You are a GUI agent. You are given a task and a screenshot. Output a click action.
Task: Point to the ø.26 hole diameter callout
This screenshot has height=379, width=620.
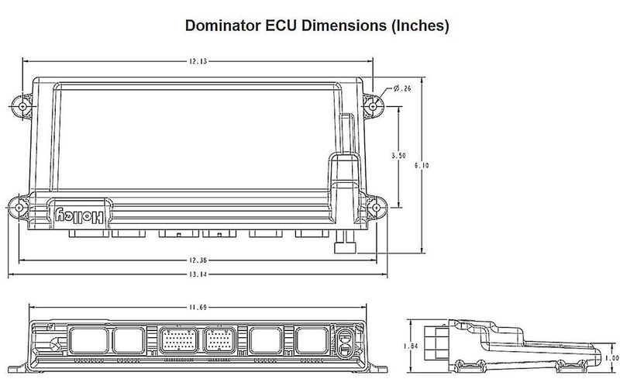pos(402,90)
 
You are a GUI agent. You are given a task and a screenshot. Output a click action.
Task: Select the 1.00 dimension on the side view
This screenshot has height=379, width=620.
pos(611,357)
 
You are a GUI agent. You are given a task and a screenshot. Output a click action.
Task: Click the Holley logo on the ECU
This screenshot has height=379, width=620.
pos(80,215)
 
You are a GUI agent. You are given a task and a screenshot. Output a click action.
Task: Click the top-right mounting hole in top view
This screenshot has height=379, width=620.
pos(374,103)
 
